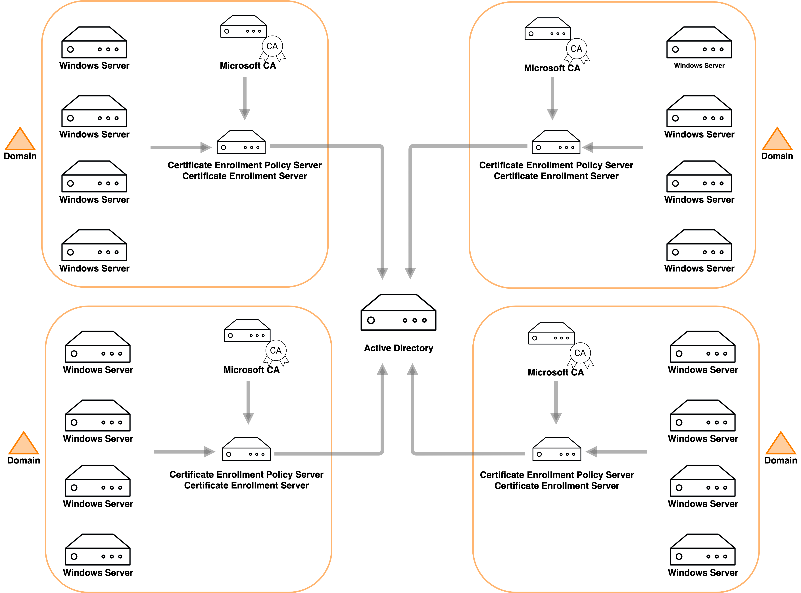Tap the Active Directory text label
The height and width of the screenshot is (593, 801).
click(x=399, y=348)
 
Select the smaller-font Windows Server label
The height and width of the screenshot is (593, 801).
click(x=699, y=66)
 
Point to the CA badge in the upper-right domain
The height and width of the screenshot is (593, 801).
click(x=576, y=49)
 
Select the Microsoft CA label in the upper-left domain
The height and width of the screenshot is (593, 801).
click(x=248, y=66)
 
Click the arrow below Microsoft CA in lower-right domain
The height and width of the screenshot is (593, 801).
click(x=556, y=402)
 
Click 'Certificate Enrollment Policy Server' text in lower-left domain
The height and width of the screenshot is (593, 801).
click(x=246, y=475)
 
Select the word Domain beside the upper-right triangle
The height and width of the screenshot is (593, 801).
click(x=777, y=156)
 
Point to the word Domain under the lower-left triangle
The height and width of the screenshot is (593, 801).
click(x=24, y=461)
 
